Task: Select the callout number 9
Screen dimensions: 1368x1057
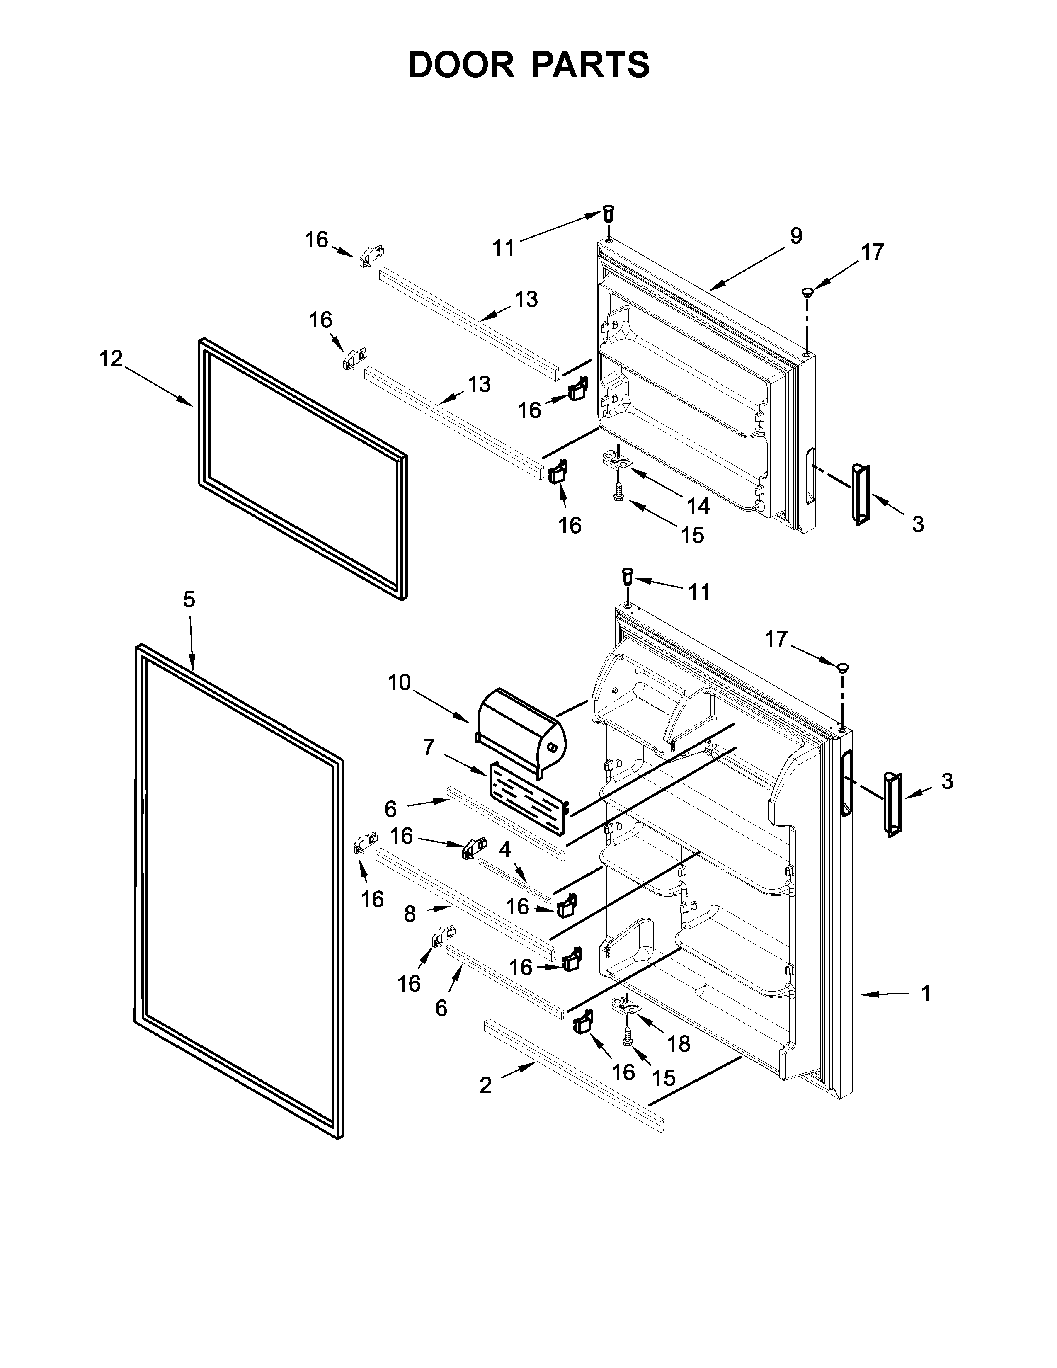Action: point(795,236)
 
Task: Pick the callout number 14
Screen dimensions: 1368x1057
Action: point(698,505)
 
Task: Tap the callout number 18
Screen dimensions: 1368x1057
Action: point(679,1043)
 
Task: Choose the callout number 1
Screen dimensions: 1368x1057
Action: point(926,993)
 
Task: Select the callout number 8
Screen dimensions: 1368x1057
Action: point(410,914)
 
